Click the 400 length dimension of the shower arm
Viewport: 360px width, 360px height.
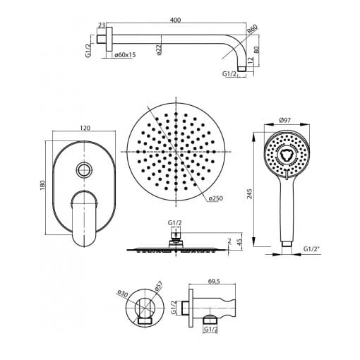[176, 20]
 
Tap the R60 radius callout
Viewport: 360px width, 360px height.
[253, 29]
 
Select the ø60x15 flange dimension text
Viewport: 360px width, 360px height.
[125, 55]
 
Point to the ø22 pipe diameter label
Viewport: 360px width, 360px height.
[159, 49]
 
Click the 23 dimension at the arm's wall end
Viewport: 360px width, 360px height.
[102, 25]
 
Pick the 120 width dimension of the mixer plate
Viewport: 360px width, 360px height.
[85, 128]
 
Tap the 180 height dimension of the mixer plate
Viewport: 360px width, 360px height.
[42, 186]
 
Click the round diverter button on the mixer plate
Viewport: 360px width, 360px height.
[84, 169]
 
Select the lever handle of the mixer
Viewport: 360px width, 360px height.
[84, 219]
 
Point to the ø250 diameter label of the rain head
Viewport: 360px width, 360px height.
[216, 198]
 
